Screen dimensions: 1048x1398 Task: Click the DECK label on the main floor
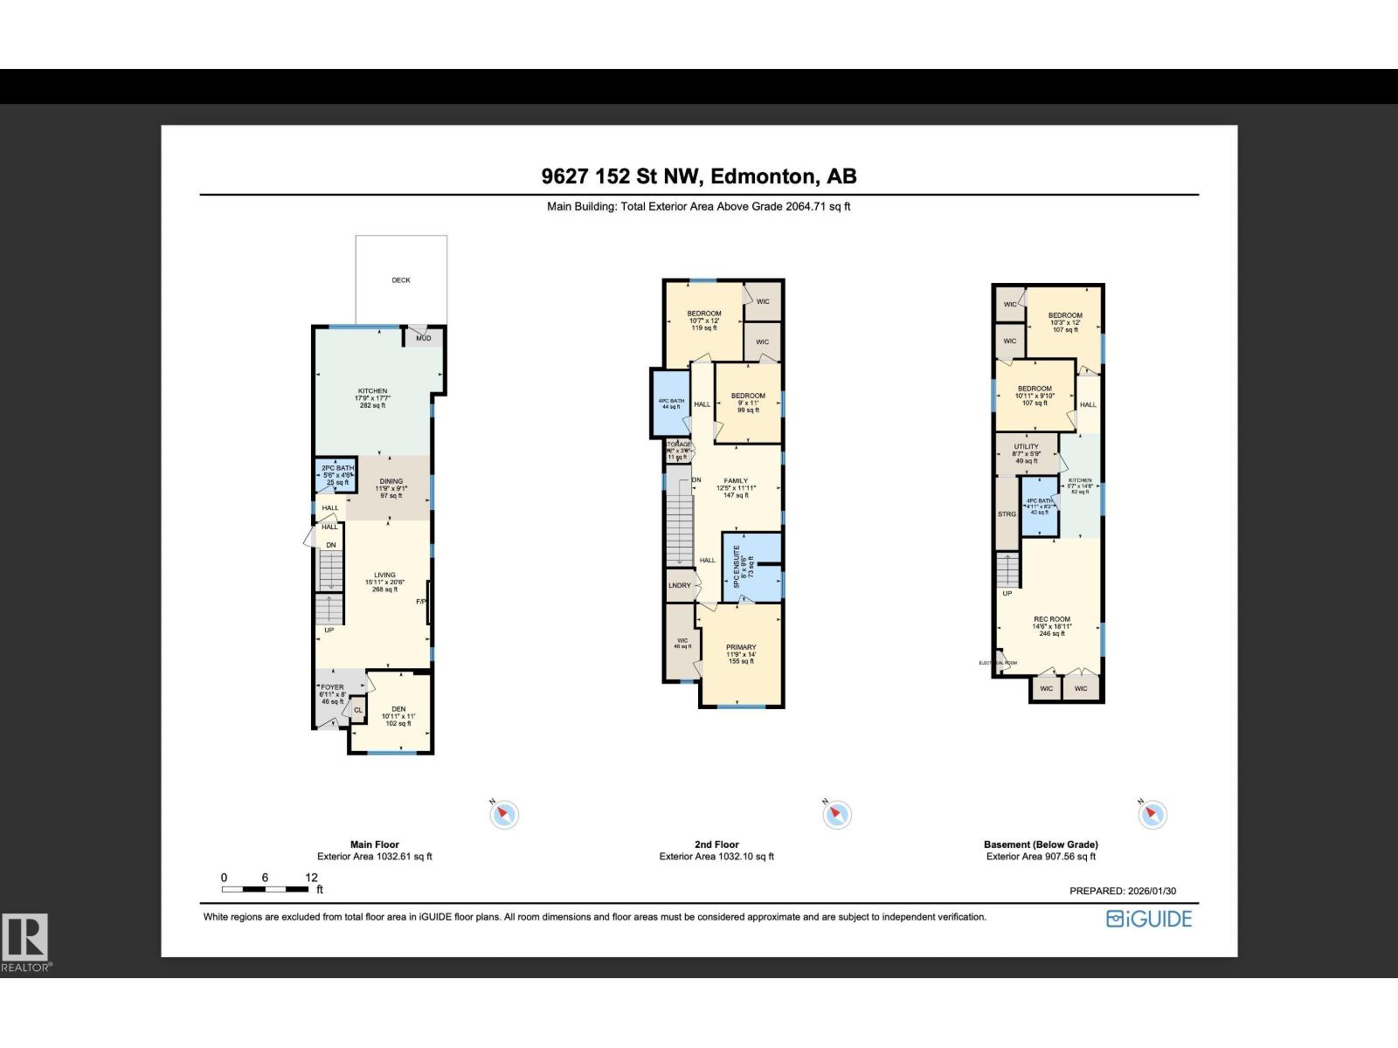click(x=401, y=280)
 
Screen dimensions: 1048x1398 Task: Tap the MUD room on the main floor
click(x=424, y=338)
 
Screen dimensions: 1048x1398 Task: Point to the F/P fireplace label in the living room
click(x=421, y=602)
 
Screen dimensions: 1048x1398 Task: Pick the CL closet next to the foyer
click(x=358, y=711)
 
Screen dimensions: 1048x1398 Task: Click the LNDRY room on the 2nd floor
click(x=680, y=585)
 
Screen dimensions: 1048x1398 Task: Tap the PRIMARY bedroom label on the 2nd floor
click(x=741, y=648)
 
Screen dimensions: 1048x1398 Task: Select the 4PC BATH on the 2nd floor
click(x=671, y=403)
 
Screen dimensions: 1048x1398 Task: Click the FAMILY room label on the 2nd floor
click(x=736, y=481)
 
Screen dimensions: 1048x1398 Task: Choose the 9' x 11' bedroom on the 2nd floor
click(x=748, y=402)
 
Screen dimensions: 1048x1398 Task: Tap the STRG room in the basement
click(x=1007, y=514)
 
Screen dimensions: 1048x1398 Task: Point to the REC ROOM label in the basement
click(x=1052, y=619)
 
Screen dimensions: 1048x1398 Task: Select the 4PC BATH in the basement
click(x=1040, y=507)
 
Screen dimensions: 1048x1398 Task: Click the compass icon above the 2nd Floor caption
click(x=836, y=815)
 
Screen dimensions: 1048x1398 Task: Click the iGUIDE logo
click(x=1149, y=919)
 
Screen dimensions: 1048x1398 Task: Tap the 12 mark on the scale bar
click(x=311, y=878)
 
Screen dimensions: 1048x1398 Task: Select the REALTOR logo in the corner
click(x=26, y=941)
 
